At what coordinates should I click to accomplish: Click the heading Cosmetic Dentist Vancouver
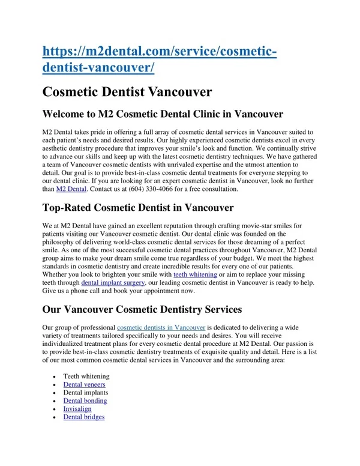[127, 92]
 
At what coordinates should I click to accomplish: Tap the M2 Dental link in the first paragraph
[71, 189]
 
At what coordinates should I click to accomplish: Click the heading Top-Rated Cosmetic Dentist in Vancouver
[138, 208]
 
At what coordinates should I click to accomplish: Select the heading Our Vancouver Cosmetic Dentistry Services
[142, 309]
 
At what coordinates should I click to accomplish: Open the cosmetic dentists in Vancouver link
[161, 327]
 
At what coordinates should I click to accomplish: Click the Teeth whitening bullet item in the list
[86, 377]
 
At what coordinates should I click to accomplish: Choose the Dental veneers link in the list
[85, 384]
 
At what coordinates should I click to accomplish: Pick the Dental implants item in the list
[86, 392]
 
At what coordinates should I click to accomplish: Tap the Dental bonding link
[85, 401]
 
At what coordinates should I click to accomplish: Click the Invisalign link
[77, 408]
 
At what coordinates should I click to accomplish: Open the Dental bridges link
[84, 416]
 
